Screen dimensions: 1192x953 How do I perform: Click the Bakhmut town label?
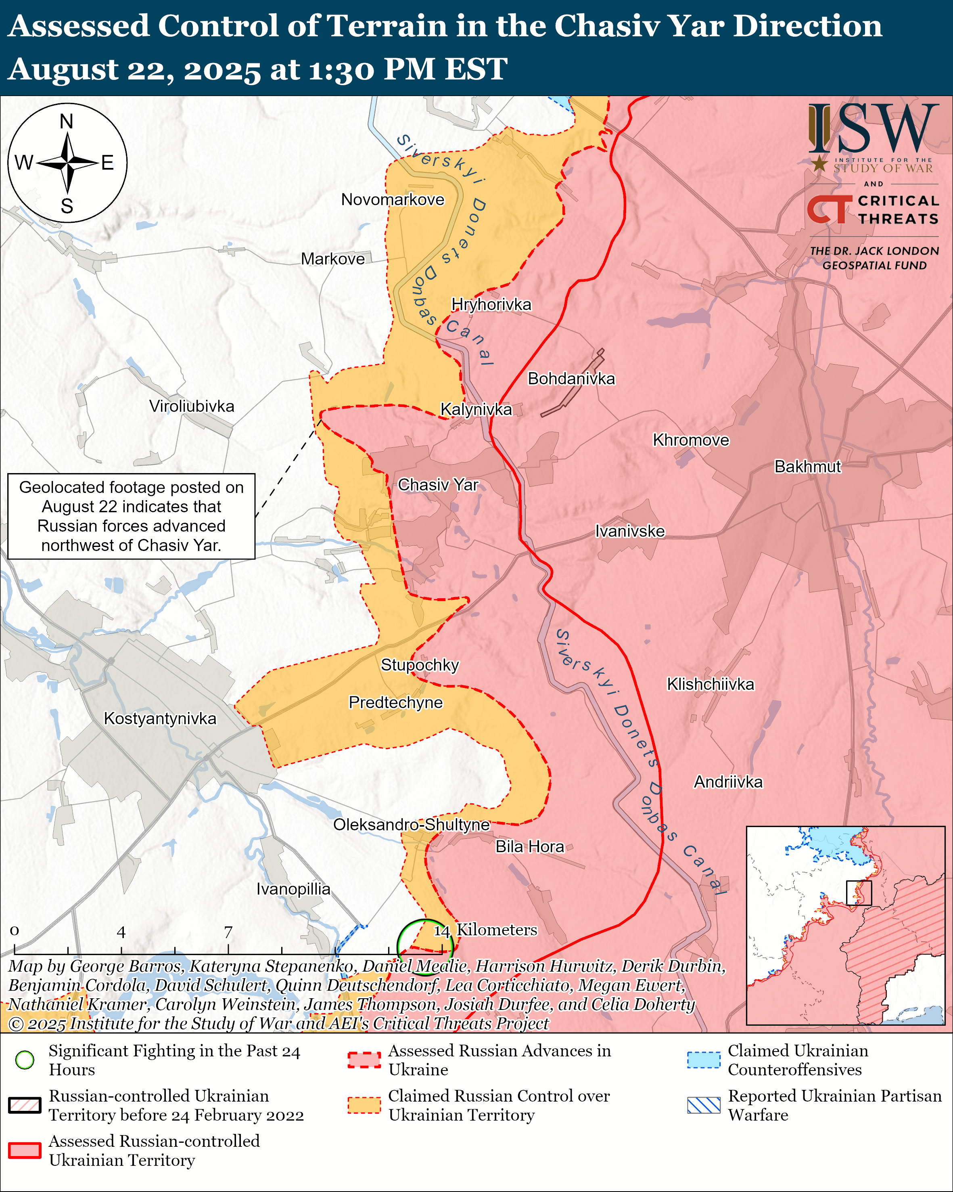[x=807, y=467]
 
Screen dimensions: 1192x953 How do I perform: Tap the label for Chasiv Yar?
[x=438, y=485]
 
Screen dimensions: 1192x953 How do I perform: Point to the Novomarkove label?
[x=392, y=199]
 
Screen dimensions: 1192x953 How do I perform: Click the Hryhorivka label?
[x=491, y=305]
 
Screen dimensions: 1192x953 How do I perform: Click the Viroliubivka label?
[x=192, y=406]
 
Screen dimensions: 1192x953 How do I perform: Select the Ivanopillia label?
[x=293, y=889]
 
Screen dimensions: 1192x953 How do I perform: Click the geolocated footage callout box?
[x=132, y=516]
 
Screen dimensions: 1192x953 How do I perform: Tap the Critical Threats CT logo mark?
[x=829, y=209]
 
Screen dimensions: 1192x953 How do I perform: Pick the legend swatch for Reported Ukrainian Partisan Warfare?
[x=703, y=1105]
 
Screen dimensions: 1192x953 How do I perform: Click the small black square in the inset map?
[x=859, y=893]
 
